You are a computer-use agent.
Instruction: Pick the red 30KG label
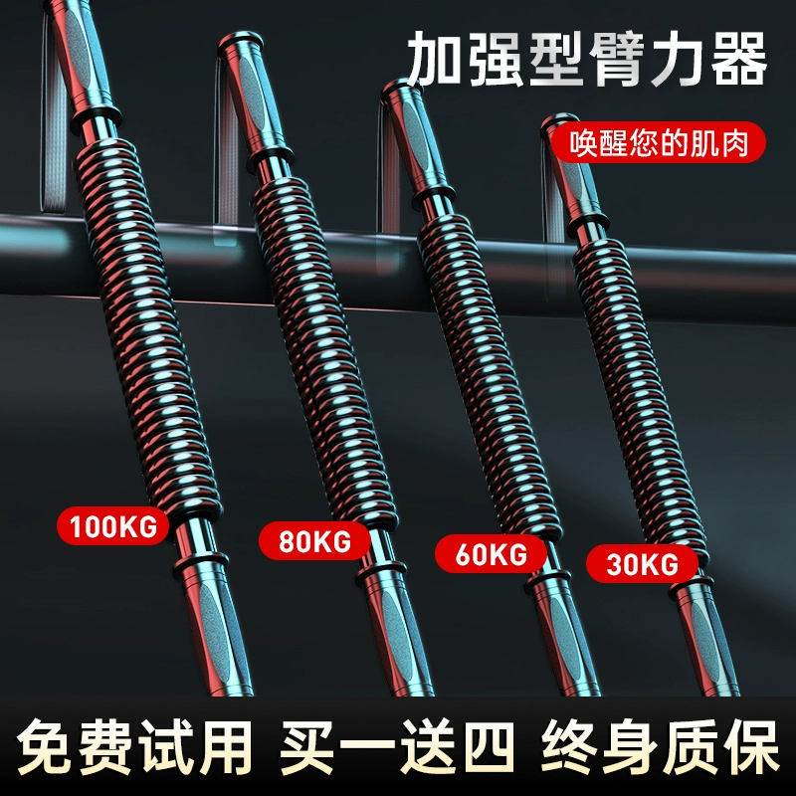(x=642, y=565)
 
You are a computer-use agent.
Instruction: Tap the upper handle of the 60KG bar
(x=407, y=139)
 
